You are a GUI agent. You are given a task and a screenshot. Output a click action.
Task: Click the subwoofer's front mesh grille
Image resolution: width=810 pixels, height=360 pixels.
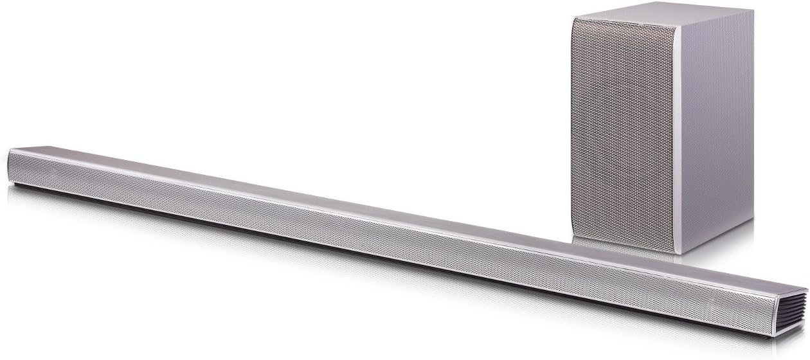click(x=624, y=129)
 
